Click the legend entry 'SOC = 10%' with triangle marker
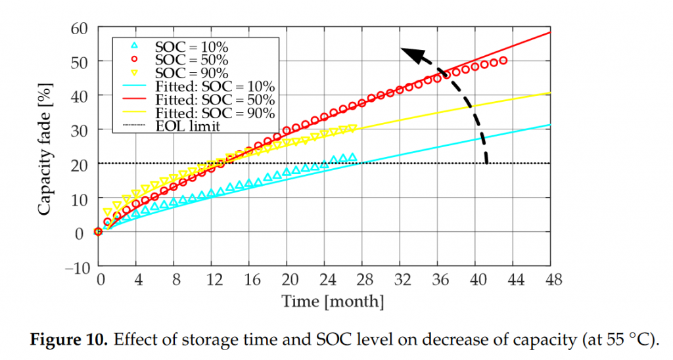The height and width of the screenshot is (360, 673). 191,47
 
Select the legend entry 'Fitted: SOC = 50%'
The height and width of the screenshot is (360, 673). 214,99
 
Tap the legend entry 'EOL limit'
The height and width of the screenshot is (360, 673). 187,125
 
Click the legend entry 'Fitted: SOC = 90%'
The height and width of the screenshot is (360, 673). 214,112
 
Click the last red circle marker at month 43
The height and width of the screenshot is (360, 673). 503,60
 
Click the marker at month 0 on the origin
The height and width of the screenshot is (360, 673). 98,231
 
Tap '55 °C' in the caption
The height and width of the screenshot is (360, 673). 630,340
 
